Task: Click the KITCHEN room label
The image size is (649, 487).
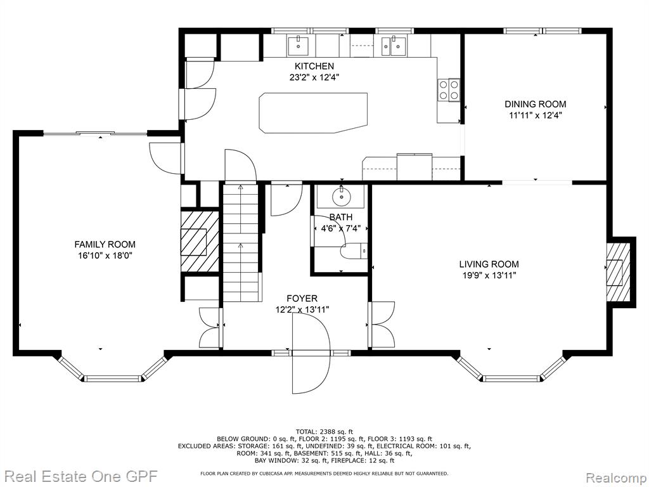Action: click(x=314, y=66)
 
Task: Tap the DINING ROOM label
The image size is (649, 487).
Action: click(x=535, y=105)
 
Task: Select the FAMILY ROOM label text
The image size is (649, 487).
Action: click(x=105, y=245)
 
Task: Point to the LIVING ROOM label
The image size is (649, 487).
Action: click(x=489, y=264)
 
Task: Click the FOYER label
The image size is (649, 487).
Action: click(x=302, y=299)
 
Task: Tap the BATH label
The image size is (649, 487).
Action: click(x=341, y=217)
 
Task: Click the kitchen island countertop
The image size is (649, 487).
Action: click(x=313, y=113)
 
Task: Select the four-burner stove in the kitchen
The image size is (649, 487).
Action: click(x=449, y=90)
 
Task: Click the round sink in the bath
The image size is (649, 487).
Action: click(x=342, y=197)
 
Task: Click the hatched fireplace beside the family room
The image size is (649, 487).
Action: click(x=200, y=242)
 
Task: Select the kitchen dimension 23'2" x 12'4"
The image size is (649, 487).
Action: click(x=314, y=77)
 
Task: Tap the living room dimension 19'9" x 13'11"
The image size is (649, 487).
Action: click(x=489, y=275)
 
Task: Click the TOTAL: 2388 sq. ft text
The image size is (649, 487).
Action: click(x=324, y=431)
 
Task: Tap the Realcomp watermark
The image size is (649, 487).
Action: click(x=616, y=477)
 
